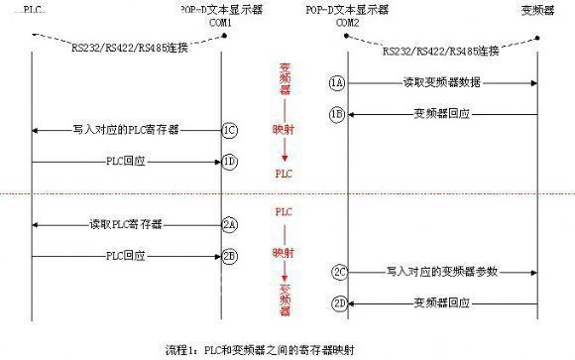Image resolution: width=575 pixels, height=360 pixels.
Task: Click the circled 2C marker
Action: click(339, 271)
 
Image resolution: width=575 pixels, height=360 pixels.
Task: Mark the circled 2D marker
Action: click(339, 302)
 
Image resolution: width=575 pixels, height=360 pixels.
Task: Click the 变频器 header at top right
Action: click(536, 10)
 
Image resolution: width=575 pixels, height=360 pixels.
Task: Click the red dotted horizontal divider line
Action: click(287, 193)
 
